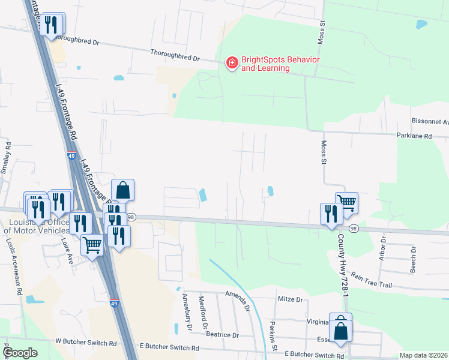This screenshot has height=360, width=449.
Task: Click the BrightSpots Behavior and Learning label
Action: [272, 64]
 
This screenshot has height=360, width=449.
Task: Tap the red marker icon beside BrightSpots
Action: [231, 62]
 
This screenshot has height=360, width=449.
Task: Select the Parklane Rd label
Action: [414, 136]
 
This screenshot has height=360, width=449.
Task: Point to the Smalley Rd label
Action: [5, 158]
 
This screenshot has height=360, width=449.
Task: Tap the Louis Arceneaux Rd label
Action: [14, 268]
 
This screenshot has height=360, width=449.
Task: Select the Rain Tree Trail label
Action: [371, 280]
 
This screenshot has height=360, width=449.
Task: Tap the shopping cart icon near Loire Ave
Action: [92, 244]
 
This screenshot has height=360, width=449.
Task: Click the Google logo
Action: [21, 353]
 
